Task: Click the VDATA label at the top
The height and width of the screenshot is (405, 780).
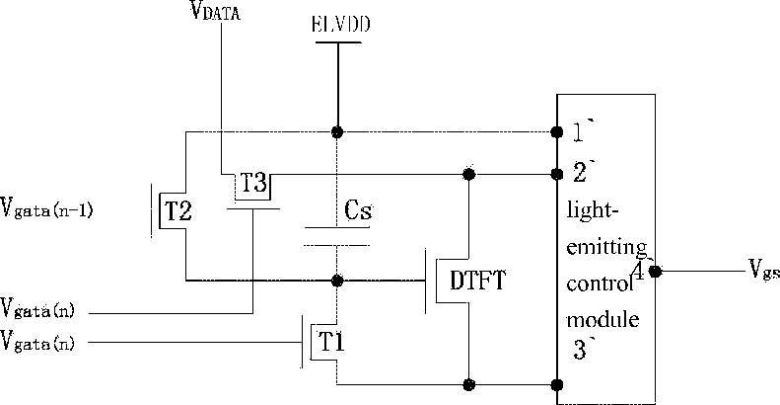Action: [x=215, y=11]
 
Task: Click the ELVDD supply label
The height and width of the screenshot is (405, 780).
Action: [x=341, y=24]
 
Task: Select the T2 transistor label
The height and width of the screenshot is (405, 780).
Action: [x=177, y=211]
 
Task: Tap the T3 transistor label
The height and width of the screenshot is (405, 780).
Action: [x=253, y=183]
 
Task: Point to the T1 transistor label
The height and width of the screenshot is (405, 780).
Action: [x=331, y=342]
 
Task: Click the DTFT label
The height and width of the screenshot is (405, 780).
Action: [x=477, y=281]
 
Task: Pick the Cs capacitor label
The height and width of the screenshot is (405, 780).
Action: [x=358, y=209]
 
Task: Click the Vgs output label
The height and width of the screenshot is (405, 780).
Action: [x=763, y=270]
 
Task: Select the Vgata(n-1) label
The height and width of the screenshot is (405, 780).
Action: [x=46, y=208]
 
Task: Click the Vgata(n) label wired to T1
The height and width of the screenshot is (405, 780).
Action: [x=37, y=341]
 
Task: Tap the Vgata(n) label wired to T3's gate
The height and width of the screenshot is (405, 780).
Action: [x=37, y=308]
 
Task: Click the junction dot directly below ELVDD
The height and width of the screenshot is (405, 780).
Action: [x=337, y=132]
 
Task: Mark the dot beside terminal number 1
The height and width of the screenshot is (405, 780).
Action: [x=557, y=131]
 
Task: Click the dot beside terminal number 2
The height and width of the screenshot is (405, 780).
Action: [x=557, y=175]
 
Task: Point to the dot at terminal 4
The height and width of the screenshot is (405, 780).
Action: [x=655, y=272]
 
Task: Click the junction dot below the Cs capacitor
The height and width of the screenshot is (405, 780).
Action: [x=337, y=281]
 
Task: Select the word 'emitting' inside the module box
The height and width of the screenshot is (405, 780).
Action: [x=606, y=246]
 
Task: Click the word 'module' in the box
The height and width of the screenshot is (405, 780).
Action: [x=603, y=319]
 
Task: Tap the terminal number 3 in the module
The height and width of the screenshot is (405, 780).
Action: [x=580, y=350]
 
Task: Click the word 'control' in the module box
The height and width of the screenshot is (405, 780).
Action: [x=600, y=283]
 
